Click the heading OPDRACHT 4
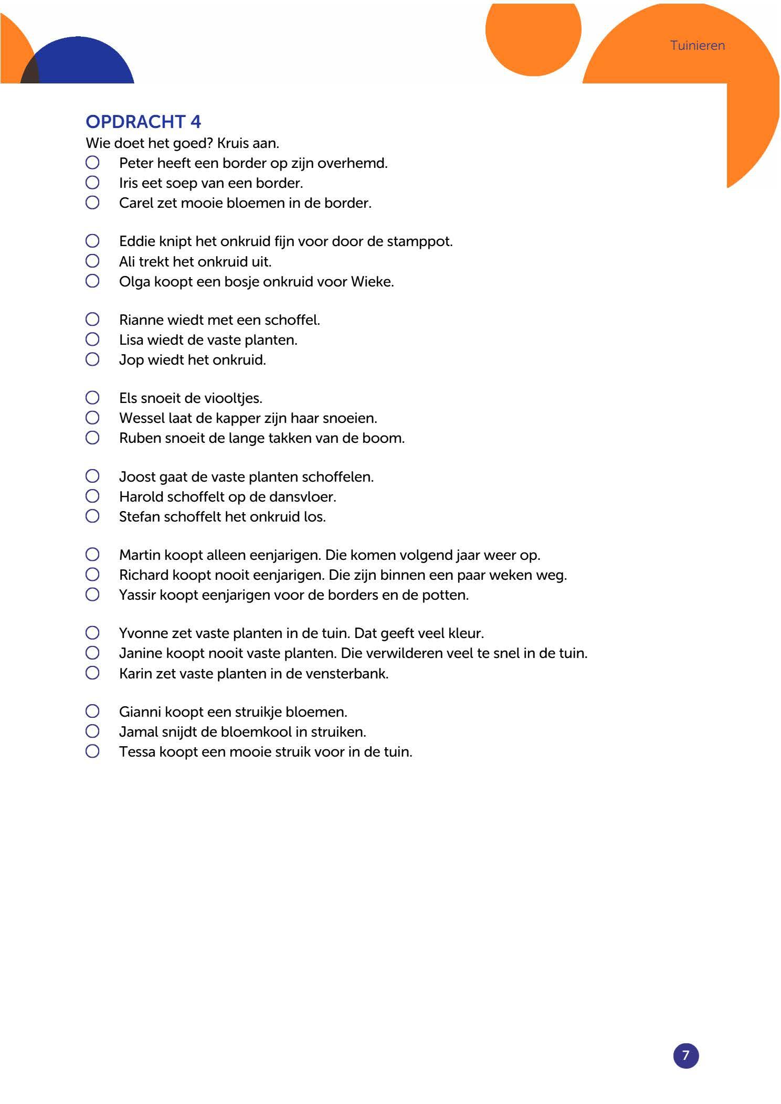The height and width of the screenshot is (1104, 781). tap(143, 122)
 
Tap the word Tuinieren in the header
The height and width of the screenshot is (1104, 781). tap(697, 46)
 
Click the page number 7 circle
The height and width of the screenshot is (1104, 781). tap(685, 1055)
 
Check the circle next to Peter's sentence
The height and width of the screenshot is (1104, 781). tap(92, 163)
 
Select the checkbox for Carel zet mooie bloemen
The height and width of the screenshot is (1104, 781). tap(92, 203)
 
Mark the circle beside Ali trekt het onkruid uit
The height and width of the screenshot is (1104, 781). tap(92, 261)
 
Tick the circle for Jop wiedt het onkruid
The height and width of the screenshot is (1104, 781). tap(92, 359)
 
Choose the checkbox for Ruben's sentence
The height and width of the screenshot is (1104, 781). tap(92, 438)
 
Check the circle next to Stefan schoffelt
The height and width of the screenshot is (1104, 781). tap(92, 516)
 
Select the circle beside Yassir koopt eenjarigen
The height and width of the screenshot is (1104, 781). tap(92, 595)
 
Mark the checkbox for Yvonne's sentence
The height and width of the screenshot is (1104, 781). tap(92, 633)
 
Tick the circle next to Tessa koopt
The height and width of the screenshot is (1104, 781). tap(92, 751)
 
